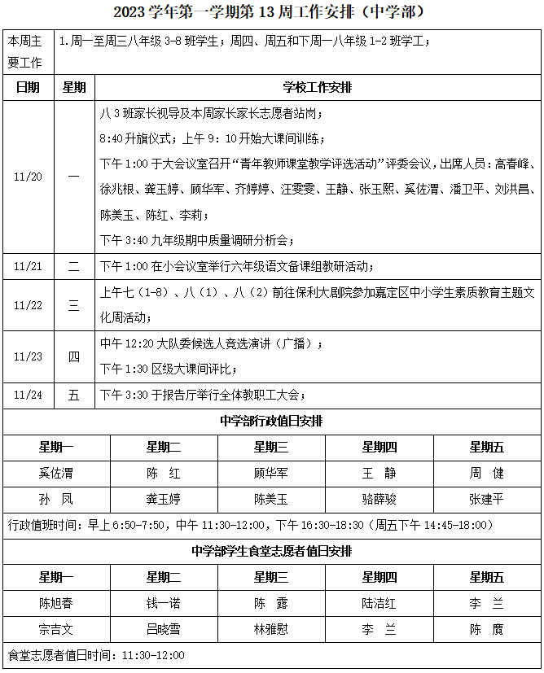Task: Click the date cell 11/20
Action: click(28, 177)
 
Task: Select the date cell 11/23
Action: click(28, 356)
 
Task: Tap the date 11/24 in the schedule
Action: click(28, 395)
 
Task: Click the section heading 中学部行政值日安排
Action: click(271, 422)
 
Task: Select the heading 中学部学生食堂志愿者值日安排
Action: click(271, 551)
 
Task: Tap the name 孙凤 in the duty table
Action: click(55, 498)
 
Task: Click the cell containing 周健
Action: click(486, 473)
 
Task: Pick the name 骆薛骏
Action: click(379, 498)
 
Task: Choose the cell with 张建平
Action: click(486, 498)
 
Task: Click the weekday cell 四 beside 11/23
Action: click(73, 356)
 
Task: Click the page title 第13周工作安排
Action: click(271, 12)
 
